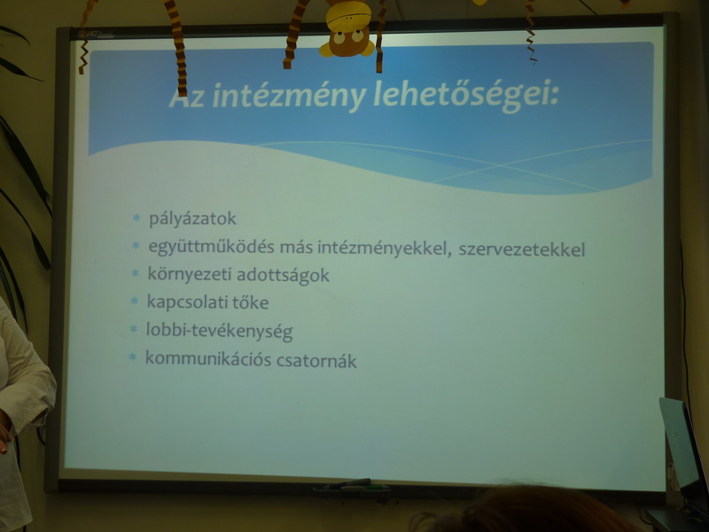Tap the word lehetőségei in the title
(466, 97)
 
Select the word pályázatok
(192, 219)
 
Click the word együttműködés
(211, 247)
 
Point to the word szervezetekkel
(522, 249)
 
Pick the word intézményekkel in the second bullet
(384, 248)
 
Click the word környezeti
(189, 275)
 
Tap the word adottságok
(283, 276)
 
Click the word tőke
(251, 302)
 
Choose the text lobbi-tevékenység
(219, 331)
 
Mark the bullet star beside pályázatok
(136, 218)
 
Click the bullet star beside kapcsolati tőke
(134, 301)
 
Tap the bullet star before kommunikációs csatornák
(132, 357)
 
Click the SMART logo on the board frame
(94, 34)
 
